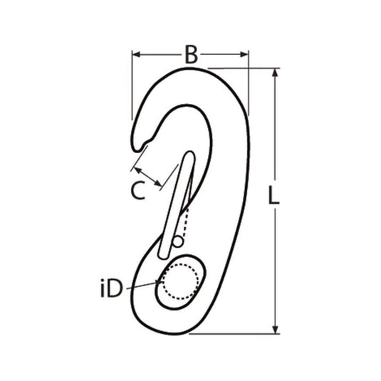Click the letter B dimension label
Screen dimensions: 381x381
pyautogui.click(x=190, y=55)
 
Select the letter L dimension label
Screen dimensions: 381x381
pyautogui.click(x=273, y=195)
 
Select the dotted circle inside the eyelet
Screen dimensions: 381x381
pyautogui.click(x=177, y=283)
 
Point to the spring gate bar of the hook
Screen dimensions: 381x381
pyautogui.click(x=176, y=207)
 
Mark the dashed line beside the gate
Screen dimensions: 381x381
pyautogui.click(x=185, y=224)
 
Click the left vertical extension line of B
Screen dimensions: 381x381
pyautogui.click(x=132, y=85)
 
